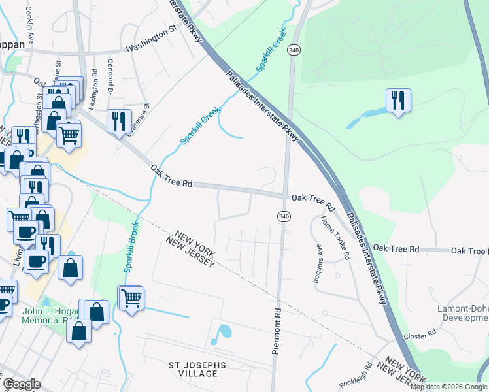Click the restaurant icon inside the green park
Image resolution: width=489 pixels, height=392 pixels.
click(398, 101)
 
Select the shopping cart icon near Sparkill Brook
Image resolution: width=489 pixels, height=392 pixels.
click(131, 298)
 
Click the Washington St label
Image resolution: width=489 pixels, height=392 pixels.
click(152, 48)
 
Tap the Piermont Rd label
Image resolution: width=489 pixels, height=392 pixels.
click(277, 331)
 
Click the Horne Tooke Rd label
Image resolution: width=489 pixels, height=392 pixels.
click(336, 238)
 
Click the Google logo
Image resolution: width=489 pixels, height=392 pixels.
click(22, 384)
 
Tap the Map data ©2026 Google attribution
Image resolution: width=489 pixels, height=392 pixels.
click(448, 387)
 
